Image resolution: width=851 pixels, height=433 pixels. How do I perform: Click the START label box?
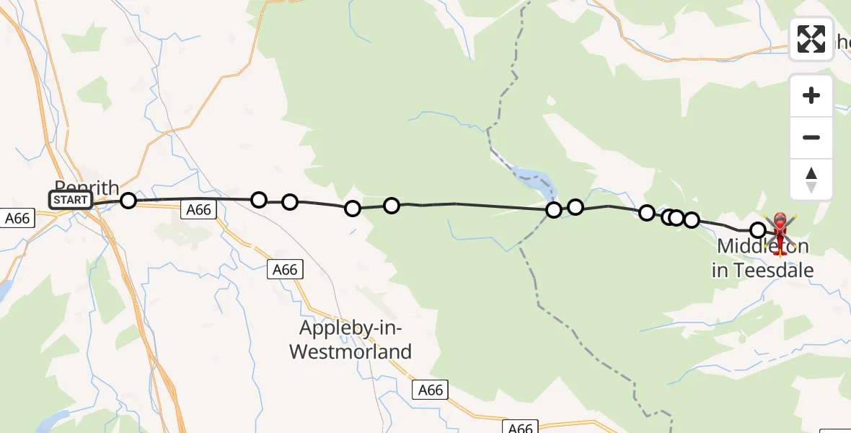(x=71, y=200)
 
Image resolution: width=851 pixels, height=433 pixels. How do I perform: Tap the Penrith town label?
(x=87, y=187)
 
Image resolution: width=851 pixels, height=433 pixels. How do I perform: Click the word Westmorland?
(x=350, y=352)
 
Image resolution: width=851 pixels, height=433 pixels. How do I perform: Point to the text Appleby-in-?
(x=350, y=329)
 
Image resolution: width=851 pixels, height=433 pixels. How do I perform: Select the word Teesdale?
(x=773, y=271)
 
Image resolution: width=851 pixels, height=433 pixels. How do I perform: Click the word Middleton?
(x=763, y=248)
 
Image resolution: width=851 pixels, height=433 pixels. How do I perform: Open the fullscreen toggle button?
(x=811, y=39)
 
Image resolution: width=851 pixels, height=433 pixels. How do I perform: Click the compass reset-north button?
(x=811, y=180)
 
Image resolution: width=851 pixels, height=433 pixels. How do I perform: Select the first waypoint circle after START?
(x=128, y=200)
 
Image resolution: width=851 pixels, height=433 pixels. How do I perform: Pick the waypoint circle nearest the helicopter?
(x=758, y=230)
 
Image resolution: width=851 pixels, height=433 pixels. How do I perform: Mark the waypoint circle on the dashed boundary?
(x=554, y=210)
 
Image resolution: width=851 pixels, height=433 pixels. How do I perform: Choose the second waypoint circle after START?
(x=259, y=199)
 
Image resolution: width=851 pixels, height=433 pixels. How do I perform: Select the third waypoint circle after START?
(x=289, y=201)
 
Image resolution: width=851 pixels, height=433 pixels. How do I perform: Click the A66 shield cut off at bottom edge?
(x=520, y=428)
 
